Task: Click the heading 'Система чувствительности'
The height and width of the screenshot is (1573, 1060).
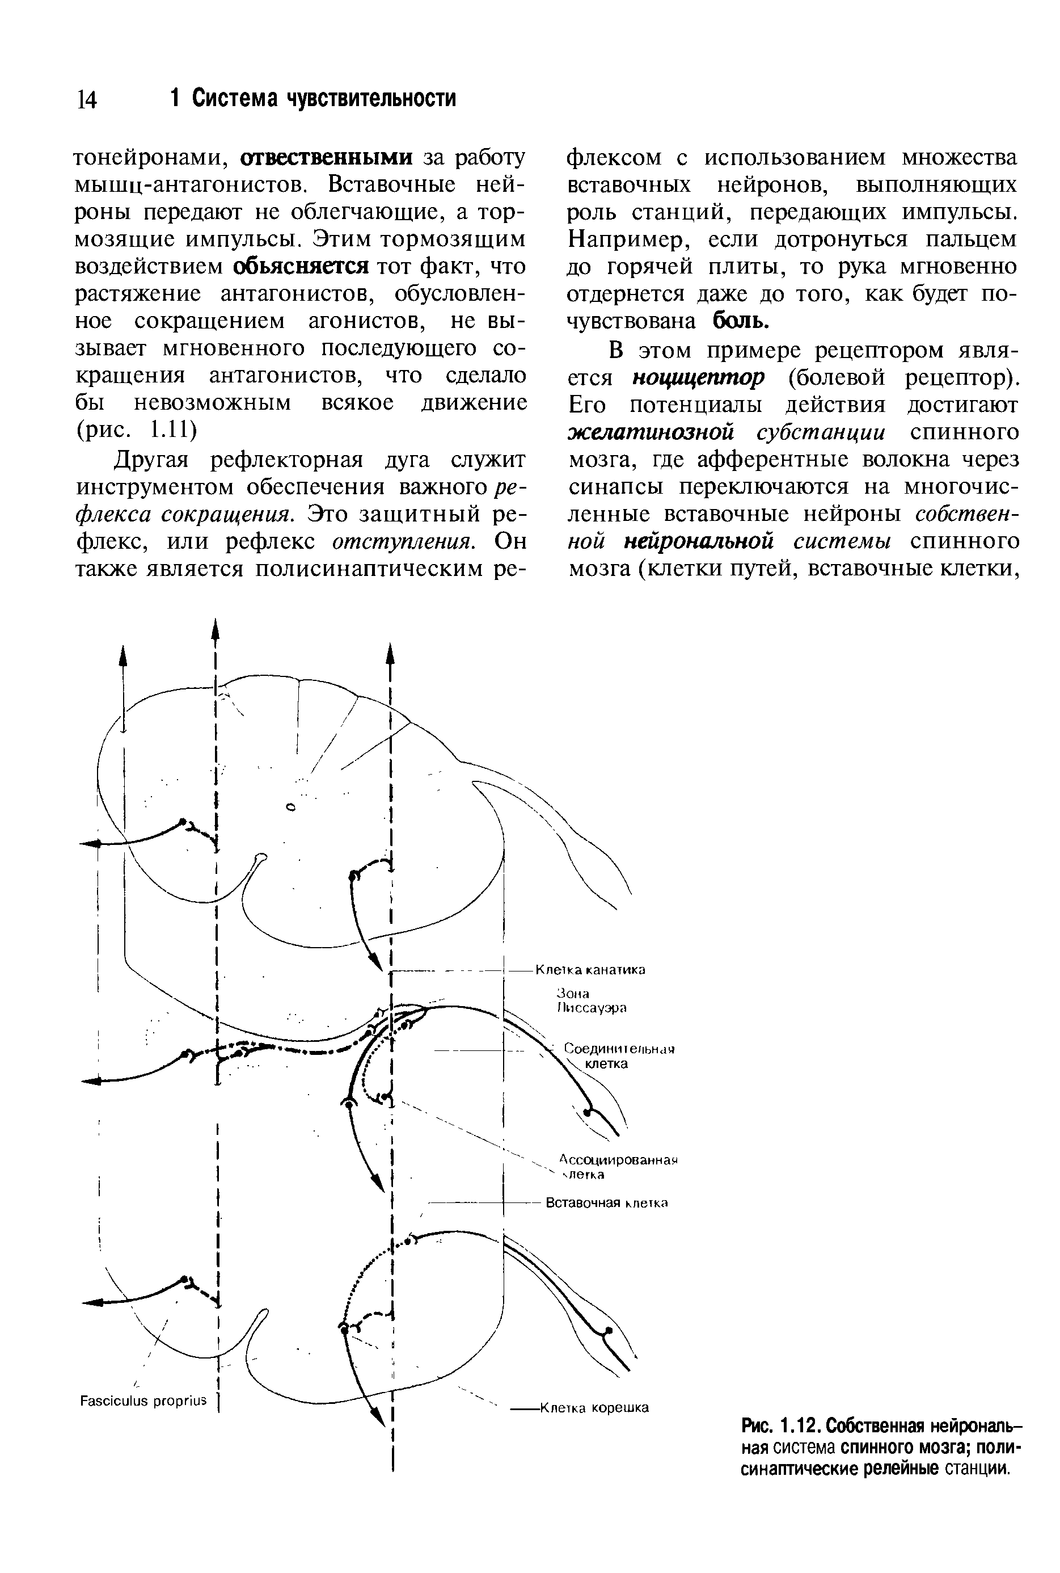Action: coord(324,98)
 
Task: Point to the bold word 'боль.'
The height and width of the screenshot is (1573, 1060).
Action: coord(742,321)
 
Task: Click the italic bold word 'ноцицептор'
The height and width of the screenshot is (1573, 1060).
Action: coord(698,377)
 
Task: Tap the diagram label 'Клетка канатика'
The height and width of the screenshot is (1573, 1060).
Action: coord(590,970)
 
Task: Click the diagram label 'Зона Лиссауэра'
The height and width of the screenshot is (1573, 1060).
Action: coord(591,1001)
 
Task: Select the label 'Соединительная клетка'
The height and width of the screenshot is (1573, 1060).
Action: coord(619,1057)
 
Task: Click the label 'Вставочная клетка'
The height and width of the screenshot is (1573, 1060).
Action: coord(606,1203)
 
